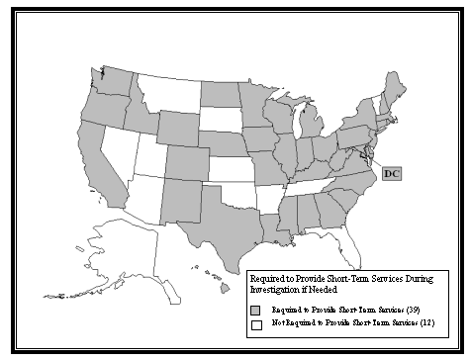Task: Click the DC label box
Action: [x=392, y=174]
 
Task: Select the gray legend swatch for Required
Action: [x=255, y=309]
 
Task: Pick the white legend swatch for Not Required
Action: [x=255, y=323]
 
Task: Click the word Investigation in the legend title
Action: [x=280, y=291]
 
